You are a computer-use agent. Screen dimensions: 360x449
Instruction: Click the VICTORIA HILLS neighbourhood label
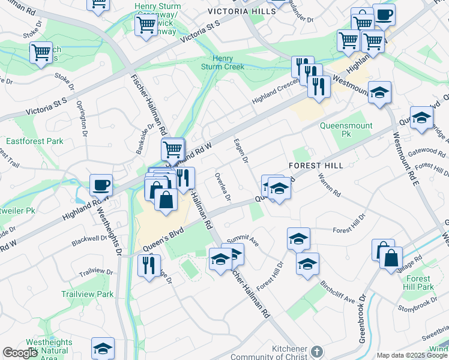click(238, 11)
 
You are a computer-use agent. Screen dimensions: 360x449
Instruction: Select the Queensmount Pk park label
click(346, 130)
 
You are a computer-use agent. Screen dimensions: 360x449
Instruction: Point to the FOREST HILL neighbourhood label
click(316, 165)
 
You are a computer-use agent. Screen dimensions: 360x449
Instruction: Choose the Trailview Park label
click(87, 294)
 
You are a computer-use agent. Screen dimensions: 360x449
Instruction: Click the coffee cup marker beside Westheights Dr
click(101, 185)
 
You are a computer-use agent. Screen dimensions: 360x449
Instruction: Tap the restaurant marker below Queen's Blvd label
click(148, 265)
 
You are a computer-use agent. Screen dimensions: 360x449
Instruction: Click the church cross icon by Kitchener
click(318, 350)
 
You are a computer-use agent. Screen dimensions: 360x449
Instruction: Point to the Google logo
click(20, 353)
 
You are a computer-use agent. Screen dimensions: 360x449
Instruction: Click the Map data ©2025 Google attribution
click(412, 355)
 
